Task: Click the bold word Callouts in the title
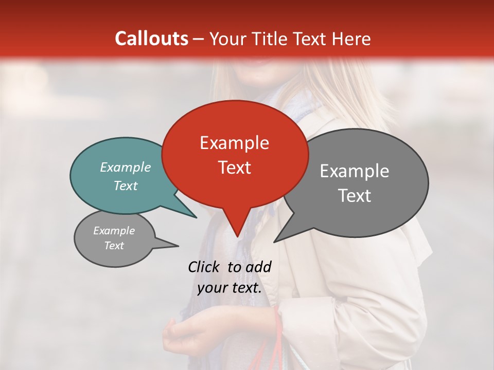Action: pyautogui.click(x=151, y=39)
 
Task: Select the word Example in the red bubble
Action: pyautogui.click(x=234, y=143)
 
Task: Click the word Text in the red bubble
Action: pyautogui.click(x=234, y=168)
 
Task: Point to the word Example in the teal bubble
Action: pyautogui.click(x=125, y=167)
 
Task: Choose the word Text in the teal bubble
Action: pyautogui.click(x=125, y=186)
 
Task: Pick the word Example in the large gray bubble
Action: pyautogui.click(x=354, y=171)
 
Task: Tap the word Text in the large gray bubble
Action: pyautogui.click(x=354, y=196)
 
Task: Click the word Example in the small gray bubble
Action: pyautogui.click(x=114, y=231)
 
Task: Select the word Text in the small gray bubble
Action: pyautogui.click(x=114, y=246)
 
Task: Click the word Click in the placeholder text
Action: pyautogui.click(x=205, y=267)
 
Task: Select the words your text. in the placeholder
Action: pyautogui.click(x=229, y=288)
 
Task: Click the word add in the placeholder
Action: pyautogui.click(x=259, y=267)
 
